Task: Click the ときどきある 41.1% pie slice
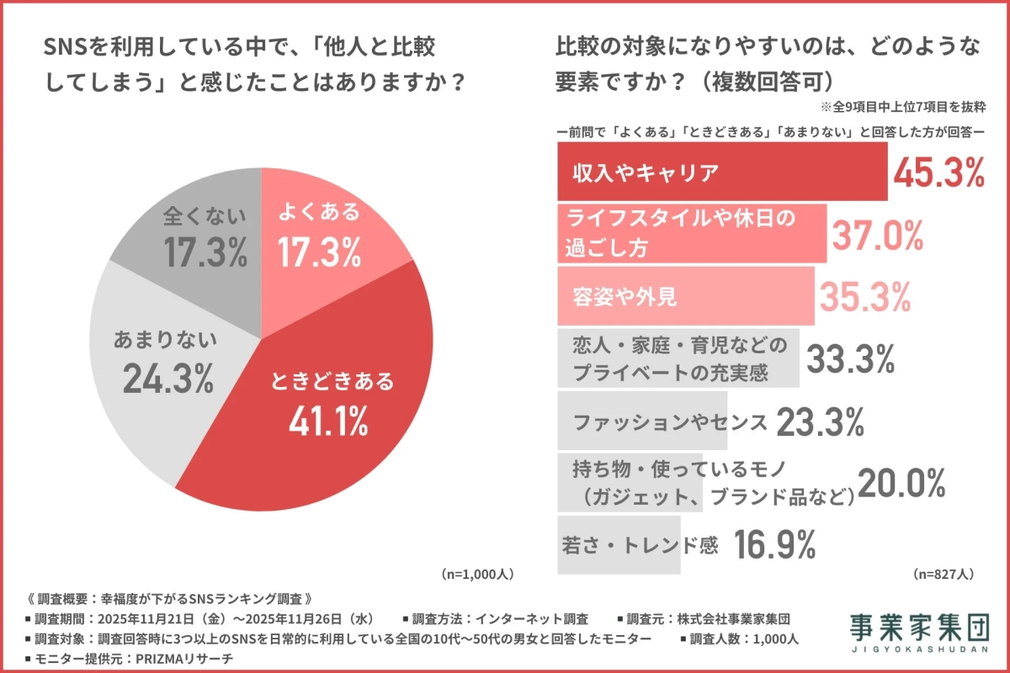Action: pos(337,395)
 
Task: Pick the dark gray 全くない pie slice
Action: pos(202,236)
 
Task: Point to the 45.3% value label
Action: pos(938,172)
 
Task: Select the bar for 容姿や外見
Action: pos(685,296)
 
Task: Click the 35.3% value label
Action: pos(865,296)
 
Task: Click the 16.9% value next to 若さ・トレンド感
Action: pos(774,545)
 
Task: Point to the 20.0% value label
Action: pos(902,483)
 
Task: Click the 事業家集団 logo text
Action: pos(917,628)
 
